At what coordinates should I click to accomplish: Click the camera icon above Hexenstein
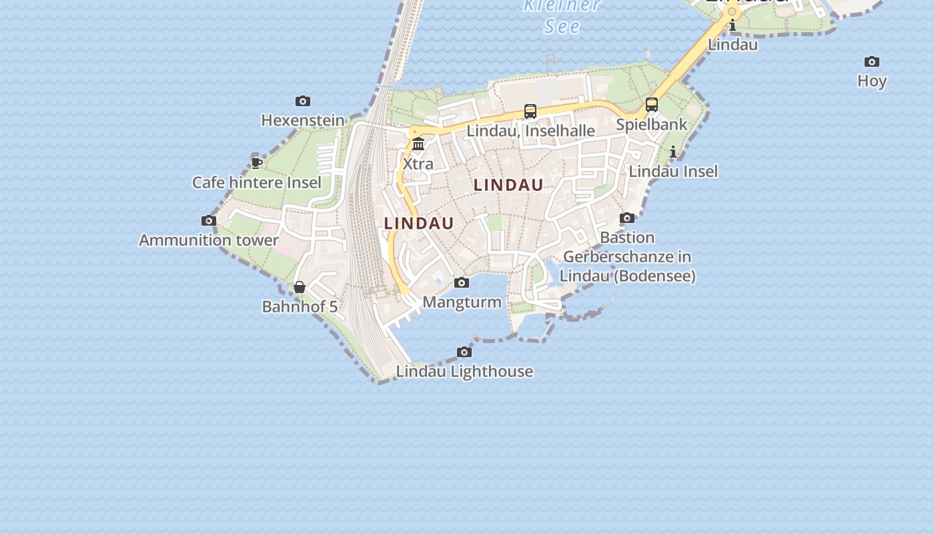(303, 101)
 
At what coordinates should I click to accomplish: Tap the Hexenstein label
(303, 121)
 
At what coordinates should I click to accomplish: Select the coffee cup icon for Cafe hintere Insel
(257, 163)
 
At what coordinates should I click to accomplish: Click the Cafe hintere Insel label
(257, 182)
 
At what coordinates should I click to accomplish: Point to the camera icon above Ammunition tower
(209, 221)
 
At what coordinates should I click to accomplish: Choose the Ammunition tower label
(209, 240)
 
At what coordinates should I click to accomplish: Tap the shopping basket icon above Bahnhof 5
(300, 287)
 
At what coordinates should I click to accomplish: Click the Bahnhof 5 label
(300, 307)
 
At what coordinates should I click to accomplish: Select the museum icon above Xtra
(418, 144)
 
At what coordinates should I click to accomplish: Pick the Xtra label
(418, 164)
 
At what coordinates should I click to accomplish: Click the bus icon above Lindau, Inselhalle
(530, 111)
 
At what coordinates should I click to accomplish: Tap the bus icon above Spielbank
(652, 105)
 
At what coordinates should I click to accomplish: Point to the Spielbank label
(652, 125)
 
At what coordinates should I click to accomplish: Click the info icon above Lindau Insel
(673, 152)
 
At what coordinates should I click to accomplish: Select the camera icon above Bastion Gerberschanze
(627, 218)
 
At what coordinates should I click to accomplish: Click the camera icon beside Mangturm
(462, 283)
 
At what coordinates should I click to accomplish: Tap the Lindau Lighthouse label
(465, 372)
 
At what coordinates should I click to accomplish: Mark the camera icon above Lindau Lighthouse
(464, 352)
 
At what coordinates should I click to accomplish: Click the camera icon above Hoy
(872, 62)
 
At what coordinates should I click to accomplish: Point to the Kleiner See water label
(562, 16)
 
